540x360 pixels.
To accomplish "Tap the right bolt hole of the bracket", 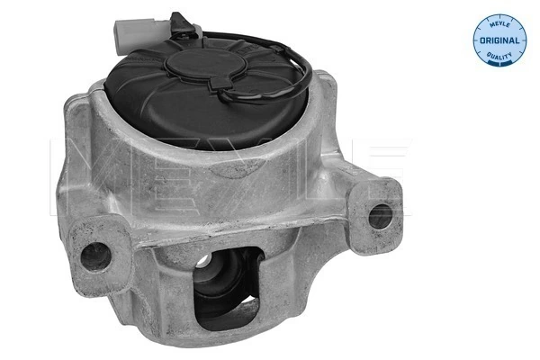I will coord(380,215).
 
